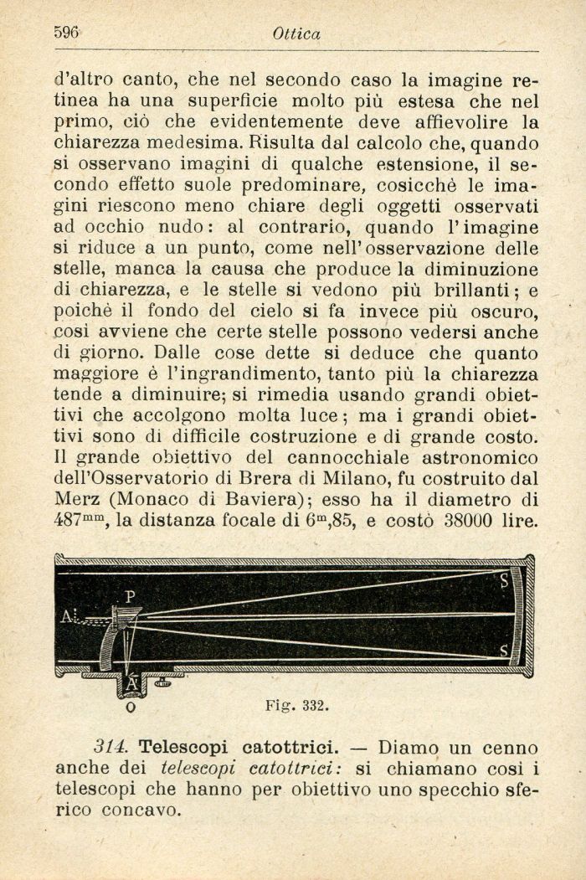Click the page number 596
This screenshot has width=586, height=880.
pos(66,33)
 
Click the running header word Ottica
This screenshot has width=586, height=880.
pos(296,34)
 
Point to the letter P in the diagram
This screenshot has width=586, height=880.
pos(130,596)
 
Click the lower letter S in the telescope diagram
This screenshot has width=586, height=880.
pos(503,650)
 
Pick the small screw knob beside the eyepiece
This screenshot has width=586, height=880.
pos(162,682)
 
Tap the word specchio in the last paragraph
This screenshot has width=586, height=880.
pos(445,790)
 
